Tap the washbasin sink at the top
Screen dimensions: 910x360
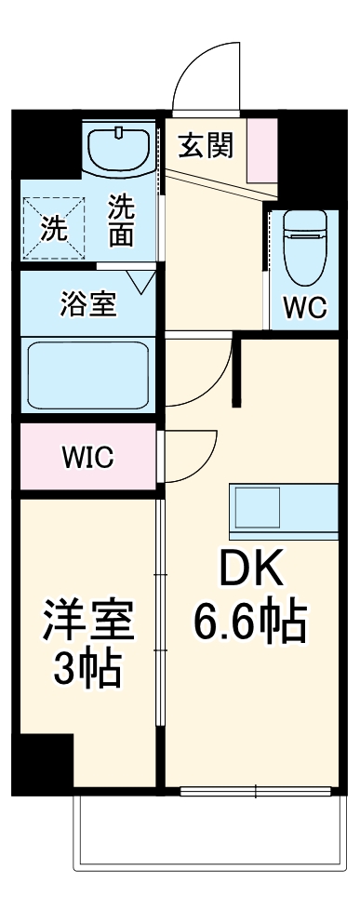(119, 149)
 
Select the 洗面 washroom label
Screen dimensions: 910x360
(121, 221)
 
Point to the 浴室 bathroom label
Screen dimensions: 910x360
(88, 306)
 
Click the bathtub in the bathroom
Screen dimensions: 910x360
(90, 376)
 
